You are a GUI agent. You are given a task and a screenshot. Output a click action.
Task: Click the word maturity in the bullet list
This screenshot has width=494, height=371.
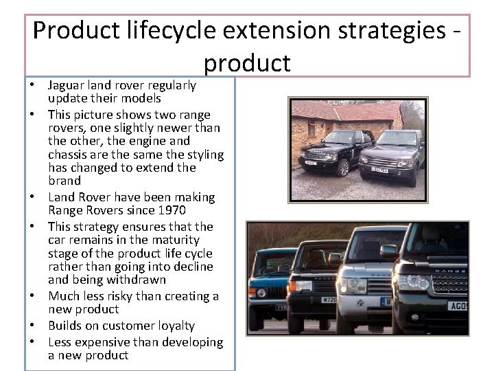tap(176, 240)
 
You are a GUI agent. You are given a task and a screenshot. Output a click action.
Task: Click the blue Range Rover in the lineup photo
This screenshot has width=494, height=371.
tap(270, 282)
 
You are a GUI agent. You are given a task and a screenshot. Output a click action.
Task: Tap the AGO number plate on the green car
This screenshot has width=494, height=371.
tap(456, 306)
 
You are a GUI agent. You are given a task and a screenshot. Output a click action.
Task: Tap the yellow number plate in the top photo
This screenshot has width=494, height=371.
tap(379, 170)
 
